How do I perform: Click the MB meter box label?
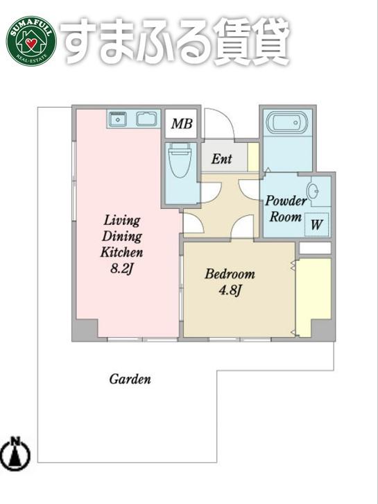pos(182,124)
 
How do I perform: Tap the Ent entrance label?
pos(221,158)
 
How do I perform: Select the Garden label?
pos(130,379)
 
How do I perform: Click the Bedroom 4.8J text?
pos(230,283)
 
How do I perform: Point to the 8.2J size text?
pos(121,268)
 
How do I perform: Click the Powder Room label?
pos(286,208)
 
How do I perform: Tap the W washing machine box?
pos(316,224)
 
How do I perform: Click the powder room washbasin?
pos(313,192)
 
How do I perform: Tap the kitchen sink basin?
pos(147,119)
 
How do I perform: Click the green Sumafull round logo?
pos(31,41)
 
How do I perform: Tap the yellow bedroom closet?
pos(313,297)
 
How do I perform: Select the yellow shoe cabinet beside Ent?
pos(253,157)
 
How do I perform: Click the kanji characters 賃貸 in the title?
pos(252,42)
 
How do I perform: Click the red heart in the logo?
pos(31,43)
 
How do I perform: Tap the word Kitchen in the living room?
pos(121,252)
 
